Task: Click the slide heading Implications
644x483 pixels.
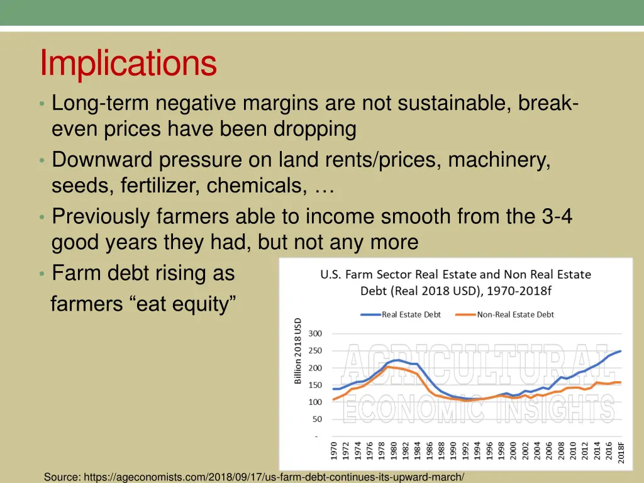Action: pyautogui.click(x=128, y=64)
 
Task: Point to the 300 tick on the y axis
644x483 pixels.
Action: pyautogui.click(x=315, y=333)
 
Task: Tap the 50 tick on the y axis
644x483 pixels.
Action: pyautogui.click(x=317, y=419)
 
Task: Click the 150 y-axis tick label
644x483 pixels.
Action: pyautogui.click(x=315, y=385)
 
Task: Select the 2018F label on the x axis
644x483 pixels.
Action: pyautogui.click(x=621, y=451)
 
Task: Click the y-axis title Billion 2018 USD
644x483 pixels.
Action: pyautogui.click(x=298, y=350)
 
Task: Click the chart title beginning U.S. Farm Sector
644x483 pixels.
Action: pyautogui.click(x=456, y=282)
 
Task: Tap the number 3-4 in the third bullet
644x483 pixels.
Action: pyautogui.click(x=557, y=216)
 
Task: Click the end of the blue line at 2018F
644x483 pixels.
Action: pyautogui.click(x=621, y=351)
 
